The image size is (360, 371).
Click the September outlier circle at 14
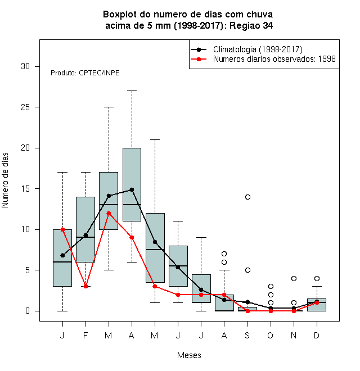tap(247, 197)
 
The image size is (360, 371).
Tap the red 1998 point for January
tap(62, 229)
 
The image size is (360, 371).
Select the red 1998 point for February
tap(85, 286)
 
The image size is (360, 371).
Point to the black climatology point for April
tap(132, 189)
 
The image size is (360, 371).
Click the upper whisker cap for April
tap(132, 91)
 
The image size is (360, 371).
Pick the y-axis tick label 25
tap(25, 107)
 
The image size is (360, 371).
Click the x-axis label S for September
tap(247, 335)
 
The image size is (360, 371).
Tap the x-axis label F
tap(85, 335)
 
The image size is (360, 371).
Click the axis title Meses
tap(189, 355)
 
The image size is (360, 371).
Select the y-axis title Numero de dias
tap(5, 180)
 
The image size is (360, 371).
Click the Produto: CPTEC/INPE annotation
tap(85, 73)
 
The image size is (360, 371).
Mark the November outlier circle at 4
tap(294, 278)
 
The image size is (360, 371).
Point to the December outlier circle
tap(317, 278)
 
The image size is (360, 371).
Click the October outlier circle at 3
tap(271, 286)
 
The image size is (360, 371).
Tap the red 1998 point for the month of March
tap(109, 213)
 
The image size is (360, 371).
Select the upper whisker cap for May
tap(155, 139)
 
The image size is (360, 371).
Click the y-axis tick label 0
tap(28, 311)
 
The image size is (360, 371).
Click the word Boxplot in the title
tap(120, 15)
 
